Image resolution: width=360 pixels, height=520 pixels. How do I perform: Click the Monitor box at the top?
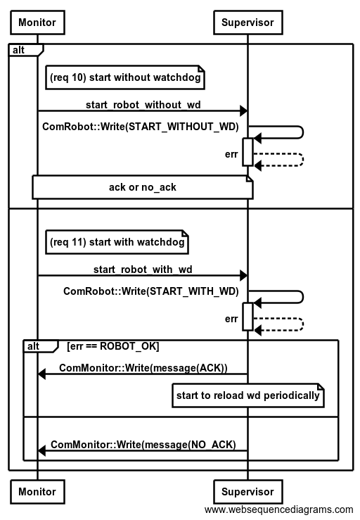(37, 23)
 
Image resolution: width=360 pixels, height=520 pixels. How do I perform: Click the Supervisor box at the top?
(248, 23)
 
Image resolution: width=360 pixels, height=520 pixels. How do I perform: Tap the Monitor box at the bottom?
(37, 491)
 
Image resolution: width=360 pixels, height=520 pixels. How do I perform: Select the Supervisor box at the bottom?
(248, 491)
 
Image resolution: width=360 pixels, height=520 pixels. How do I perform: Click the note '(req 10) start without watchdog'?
(125, 77)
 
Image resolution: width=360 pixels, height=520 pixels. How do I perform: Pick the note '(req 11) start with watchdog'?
(117, 242)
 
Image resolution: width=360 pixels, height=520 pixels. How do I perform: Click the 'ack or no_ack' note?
(143, 187)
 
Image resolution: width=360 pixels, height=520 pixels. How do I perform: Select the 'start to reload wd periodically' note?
(248, 395)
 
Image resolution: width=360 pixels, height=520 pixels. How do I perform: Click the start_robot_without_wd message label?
(143, 105)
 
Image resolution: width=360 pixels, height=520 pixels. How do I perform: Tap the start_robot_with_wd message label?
(143, 269)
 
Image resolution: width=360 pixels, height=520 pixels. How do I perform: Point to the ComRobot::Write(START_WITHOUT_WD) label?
(141, 127)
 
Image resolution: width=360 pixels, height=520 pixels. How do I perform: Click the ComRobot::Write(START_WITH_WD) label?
(151, 291)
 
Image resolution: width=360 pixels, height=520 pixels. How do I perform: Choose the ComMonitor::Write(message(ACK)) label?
(143, 368)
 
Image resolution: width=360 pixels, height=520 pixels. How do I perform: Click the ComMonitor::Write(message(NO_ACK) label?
(143, 445)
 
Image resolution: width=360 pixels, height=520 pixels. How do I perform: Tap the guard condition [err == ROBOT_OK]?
(113, 346)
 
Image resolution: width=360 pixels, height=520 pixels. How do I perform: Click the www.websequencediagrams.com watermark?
(278, 509)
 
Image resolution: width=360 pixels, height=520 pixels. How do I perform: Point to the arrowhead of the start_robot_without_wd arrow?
(244, 110)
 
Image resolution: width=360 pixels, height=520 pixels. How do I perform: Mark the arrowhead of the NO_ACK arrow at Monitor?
(41, 450)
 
